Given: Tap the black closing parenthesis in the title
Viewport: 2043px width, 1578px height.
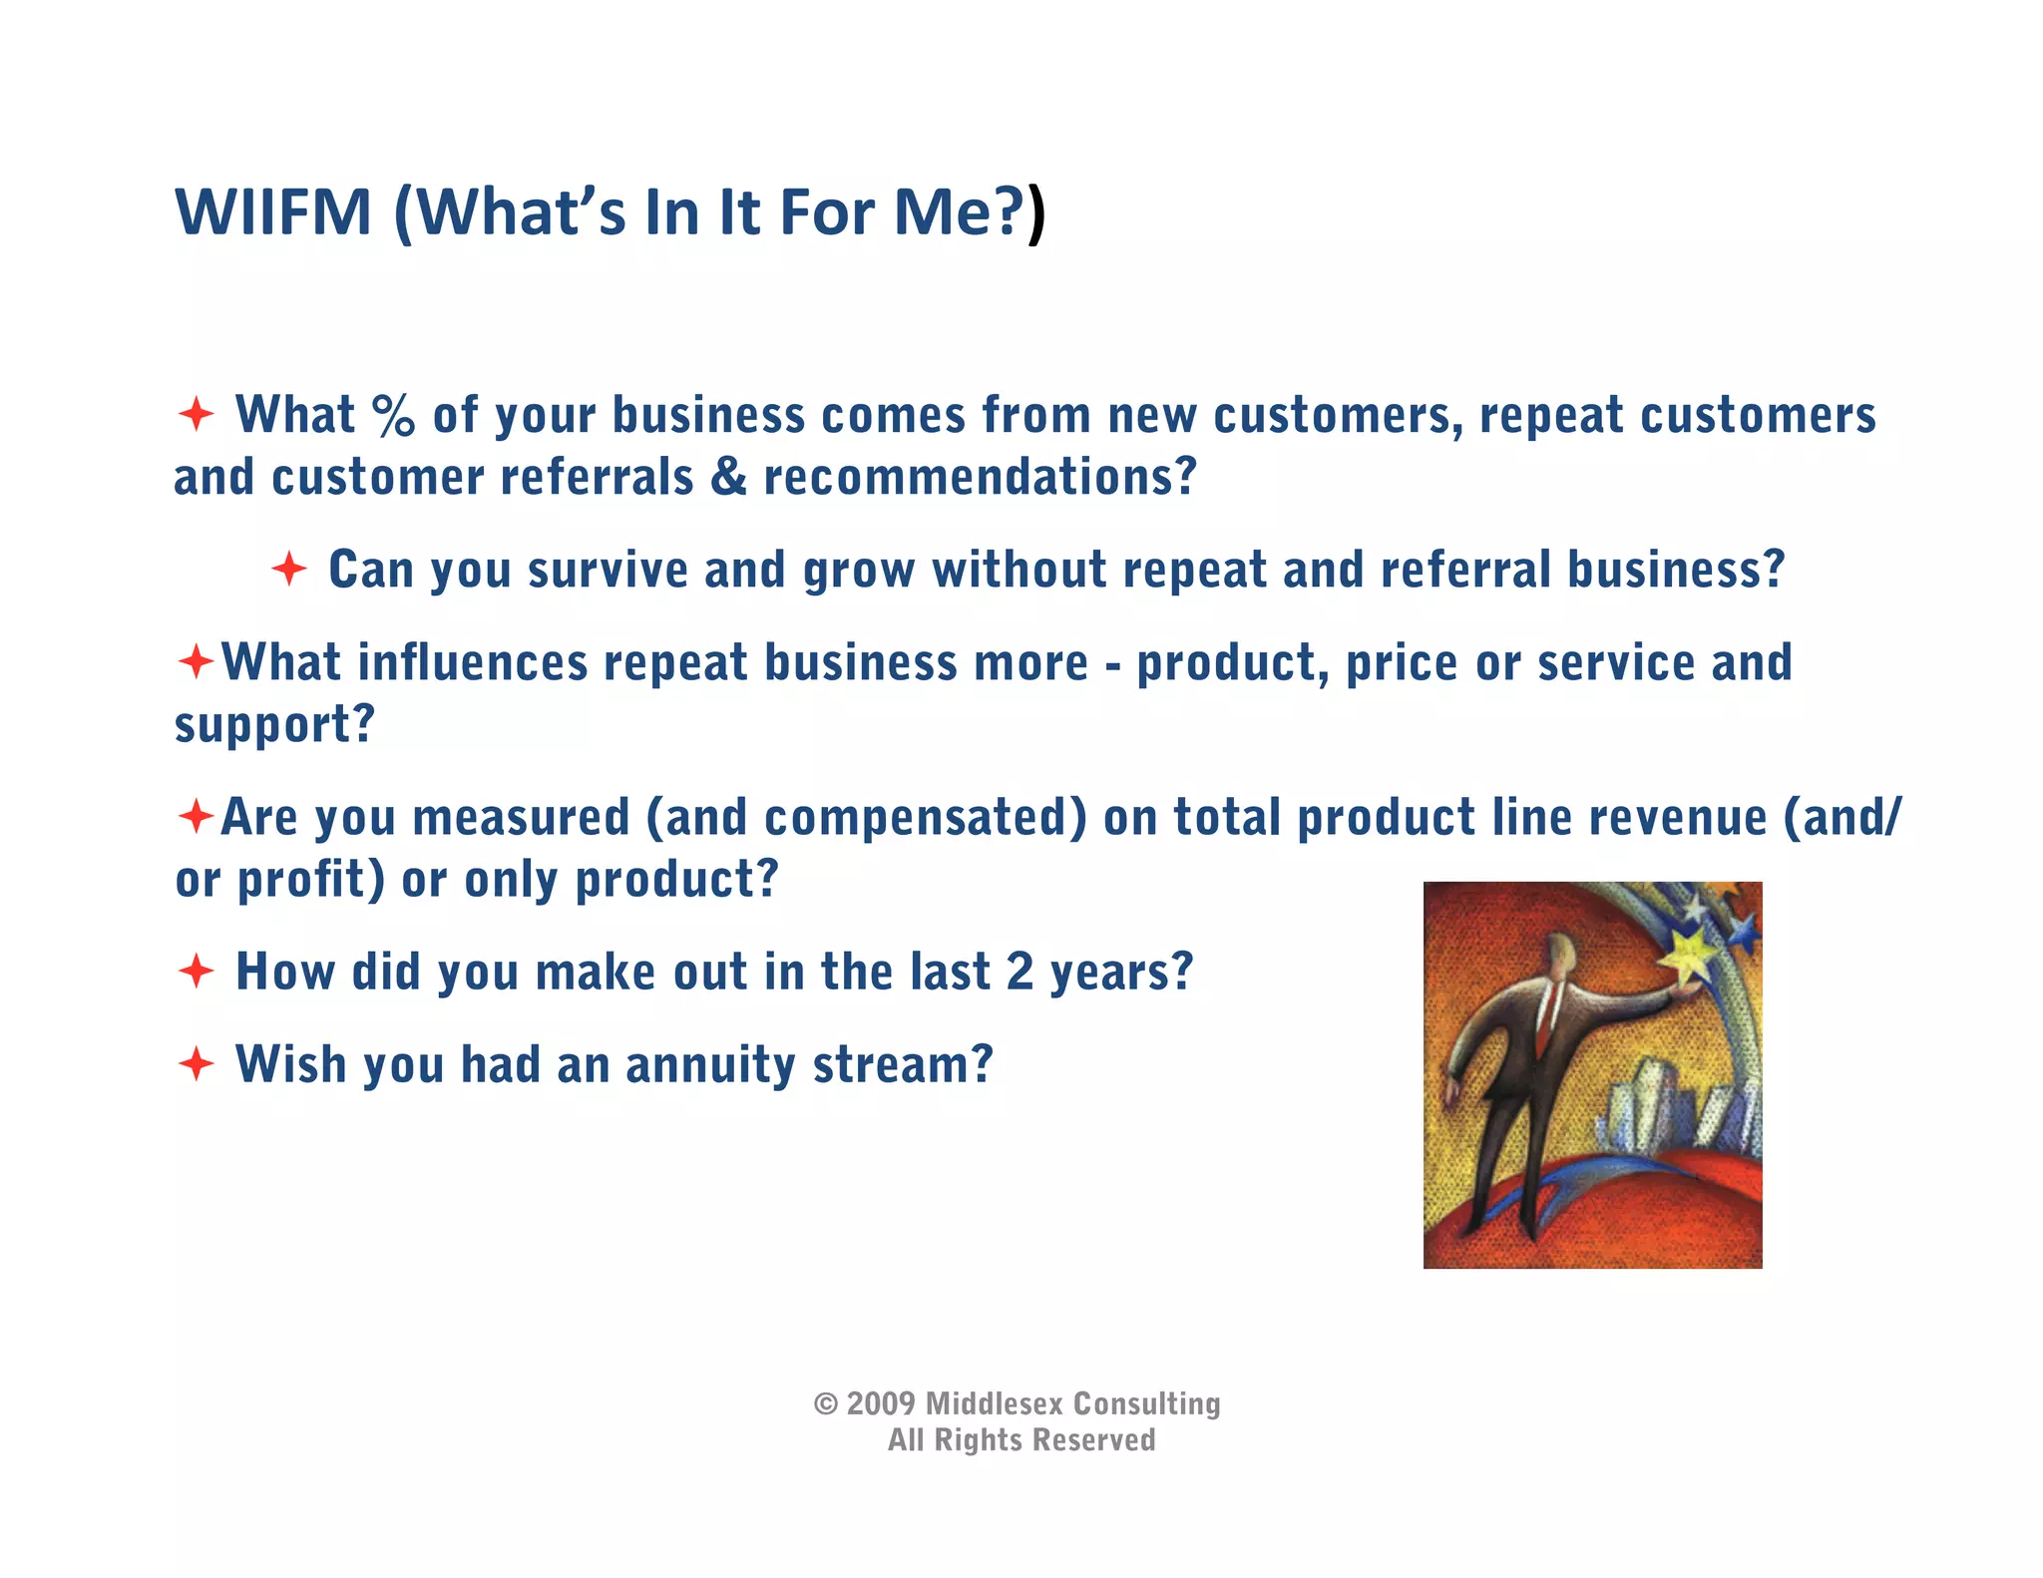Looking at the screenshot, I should [x=1036, y=213].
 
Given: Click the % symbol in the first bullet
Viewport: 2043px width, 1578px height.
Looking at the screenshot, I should [x=393, y=415].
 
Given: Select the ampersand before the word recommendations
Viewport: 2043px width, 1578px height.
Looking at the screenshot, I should [x=729, y=476].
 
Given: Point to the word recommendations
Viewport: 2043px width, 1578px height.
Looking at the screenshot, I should [x=979, y=477].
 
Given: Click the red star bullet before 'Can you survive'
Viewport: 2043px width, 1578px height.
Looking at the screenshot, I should [x=289, y=569].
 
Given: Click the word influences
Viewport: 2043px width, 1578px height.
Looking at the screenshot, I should [x=473, y=662].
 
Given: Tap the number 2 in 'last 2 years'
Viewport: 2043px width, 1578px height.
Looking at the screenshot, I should [x=1020, y=972].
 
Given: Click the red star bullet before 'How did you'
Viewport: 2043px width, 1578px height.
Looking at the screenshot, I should [x=197, y=971].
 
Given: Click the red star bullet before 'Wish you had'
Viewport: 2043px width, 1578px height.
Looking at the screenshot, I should [x=197, y=1063].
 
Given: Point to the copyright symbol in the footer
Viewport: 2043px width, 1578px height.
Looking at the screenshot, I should [x=826, y=1404].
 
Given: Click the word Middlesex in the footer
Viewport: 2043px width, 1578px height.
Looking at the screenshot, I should [x=994, y=1404].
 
